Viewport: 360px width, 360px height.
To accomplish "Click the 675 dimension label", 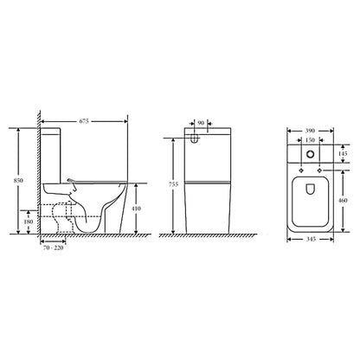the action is (x=84, y=121).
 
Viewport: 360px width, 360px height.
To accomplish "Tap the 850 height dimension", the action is (x=18, y=181).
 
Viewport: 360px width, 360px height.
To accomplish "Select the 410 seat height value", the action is (x=136, y=209).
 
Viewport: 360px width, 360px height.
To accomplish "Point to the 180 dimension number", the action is (x=28, y=222).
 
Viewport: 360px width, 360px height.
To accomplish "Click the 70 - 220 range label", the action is (x=53, y=247).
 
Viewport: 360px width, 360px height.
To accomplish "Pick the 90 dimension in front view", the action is (x=201, y=123).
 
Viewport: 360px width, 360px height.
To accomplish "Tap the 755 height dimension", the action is (x=173, y=184).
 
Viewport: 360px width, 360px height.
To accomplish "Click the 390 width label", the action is (x=310, y=131).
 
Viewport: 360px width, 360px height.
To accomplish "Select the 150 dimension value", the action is (x=310, y=140).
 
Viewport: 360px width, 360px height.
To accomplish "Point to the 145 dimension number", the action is (x=343, y=154).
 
